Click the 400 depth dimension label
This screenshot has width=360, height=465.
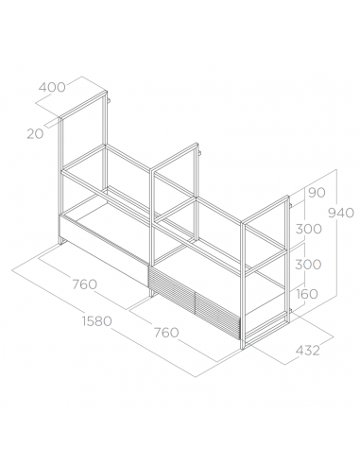pos(52,87)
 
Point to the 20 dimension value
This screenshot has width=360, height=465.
pos(35,134)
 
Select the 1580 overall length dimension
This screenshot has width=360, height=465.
pos(97,321)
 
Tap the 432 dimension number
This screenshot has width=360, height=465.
pos(308,351)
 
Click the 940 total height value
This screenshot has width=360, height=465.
pos(341,214)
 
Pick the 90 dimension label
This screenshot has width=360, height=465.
pos(317,193)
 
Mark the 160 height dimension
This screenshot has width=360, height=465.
pos(307,294)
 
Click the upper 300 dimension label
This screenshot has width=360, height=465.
pos(309,229)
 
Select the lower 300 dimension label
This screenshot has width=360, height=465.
pos(308,265)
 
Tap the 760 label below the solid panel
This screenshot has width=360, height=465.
pos(85,284)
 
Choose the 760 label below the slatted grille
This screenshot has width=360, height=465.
pos(166,333)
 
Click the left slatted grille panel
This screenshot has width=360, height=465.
pos(172,290)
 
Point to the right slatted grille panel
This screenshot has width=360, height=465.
pos(217,316)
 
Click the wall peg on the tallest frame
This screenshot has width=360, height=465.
pos(109,100)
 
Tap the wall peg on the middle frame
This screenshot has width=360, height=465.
pos(199,153)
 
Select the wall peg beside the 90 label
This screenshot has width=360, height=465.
pos(291,206)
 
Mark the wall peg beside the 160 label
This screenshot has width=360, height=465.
pos(291,312)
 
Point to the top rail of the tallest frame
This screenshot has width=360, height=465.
pos(83,105)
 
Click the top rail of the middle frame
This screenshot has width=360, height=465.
pos(174,157)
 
